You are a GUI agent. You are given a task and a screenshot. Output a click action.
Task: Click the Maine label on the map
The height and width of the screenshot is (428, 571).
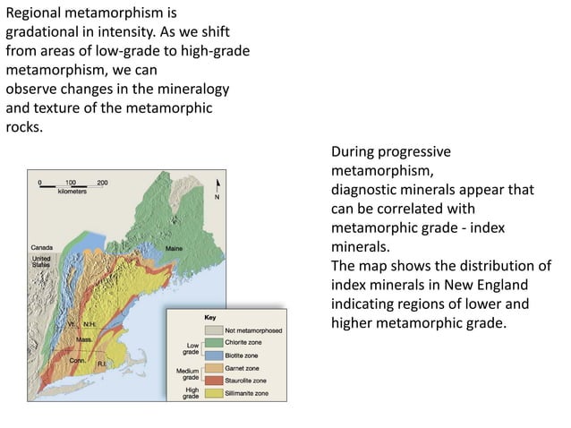coord(175,248)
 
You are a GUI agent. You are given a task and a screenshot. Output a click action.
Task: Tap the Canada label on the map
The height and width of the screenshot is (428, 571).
coord(41,247)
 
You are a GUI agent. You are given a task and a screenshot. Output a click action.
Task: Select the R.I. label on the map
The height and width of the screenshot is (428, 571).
coord(103,364)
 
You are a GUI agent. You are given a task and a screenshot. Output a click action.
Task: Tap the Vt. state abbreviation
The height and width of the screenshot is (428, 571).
coord(71,323)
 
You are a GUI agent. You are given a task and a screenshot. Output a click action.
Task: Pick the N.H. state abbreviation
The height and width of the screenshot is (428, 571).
coord(89,323)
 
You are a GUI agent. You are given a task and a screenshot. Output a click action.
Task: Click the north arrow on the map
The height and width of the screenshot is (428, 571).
coord(215,188)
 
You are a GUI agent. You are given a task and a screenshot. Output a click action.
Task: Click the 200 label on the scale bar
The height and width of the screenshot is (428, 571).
coord(102,182)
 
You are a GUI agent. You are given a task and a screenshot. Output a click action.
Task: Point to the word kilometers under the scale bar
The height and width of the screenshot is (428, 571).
coord(72,193)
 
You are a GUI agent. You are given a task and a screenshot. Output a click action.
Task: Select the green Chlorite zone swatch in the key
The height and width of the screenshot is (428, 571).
coord(213,343)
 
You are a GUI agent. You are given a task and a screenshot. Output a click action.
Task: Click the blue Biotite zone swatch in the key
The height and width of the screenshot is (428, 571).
coord(213,355)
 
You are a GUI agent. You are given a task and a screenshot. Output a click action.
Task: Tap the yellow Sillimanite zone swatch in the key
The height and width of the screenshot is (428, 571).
coord(213,393)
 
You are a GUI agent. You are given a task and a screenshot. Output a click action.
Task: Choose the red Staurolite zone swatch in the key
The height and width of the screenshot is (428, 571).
coord(213,381)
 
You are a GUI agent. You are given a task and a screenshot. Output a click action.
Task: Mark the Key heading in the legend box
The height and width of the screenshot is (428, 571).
coord(210,318)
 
